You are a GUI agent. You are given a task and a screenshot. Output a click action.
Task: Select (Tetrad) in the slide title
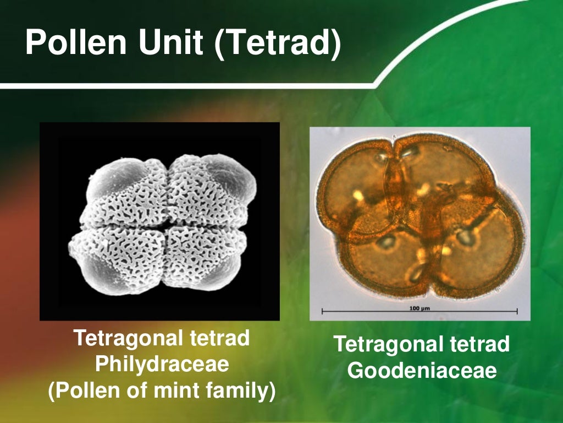click(x=278, y=44)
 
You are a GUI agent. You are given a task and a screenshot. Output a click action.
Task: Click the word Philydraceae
click(x=162, y=364)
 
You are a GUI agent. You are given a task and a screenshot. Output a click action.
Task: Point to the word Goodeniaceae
click(x=422, y=370)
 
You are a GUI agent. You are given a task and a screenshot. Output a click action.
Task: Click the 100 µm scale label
click(x=419, y=307)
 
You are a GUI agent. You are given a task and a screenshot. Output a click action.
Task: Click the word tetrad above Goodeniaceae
click(x=479, y=344)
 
